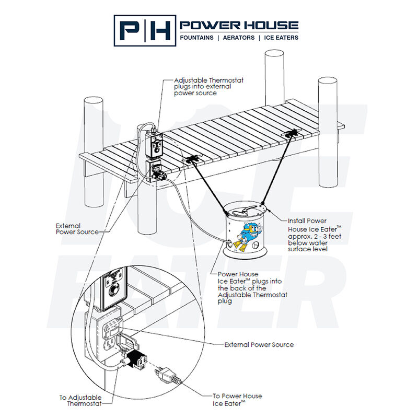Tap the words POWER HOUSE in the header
coord(239,25)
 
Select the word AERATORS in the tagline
coord(239,38)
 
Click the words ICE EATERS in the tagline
coord(281,38)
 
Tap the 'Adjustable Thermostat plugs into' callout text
coord(208,87)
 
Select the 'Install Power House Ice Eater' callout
coord(313,235)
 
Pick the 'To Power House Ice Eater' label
coord(237,399)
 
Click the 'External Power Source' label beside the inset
coord(259,345)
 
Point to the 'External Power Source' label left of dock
coord(77,229)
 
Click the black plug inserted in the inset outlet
coord(137,358)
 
